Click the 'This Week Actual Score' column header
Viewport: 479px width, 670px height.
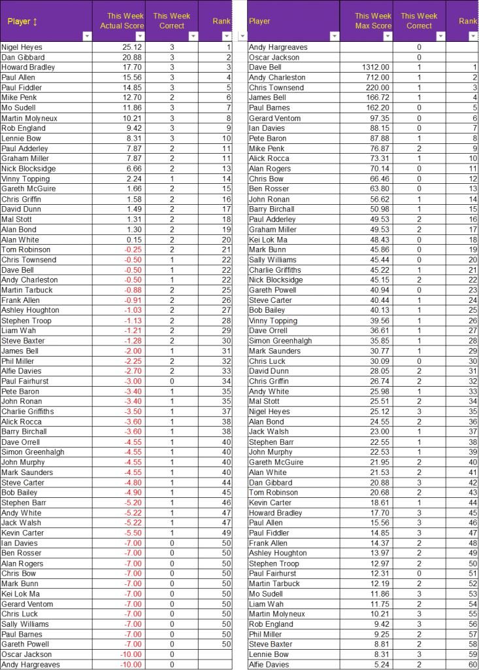(x=122, y=21)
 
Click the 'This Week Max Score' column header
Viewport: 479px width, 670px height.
(x=372, y=21)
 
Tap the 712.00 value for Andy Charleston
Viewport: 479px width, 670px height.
(x=378, y=77)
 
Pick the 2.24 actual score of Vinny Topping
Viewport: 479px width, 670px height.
(x=135, y=179)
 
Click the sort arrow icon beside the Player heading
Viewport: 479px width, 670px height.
(x=35, y=22)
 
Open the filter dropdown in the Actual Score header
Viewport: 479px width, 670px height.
(x=140, y=36)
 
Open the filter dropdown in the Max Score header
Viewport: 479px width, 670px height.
(x=388, y=36)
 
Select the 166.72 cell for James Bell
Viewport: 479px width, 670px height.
(x=378, y=97)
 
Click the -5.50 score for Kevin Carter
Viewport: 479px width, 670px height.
(x=133, y=533)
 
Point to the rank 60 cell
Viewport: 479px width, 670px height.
(x=472, y=665)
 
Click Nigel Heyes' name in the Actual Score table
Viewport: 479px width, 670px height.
(x=22, y=47)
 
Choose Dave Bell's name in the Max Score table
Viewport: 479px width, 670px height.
(x=265, y=67)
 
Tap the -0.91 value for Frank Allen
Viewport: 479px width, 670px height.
(x=133, y=300)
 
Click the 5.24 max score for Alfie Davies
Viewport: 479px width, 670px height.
(x=382, y=665)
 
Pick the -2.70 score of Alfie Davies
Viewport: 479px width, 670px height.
(x=133, y=371)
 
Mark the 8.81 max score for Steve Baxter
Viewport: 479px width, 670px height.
(x=382, y=644)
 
